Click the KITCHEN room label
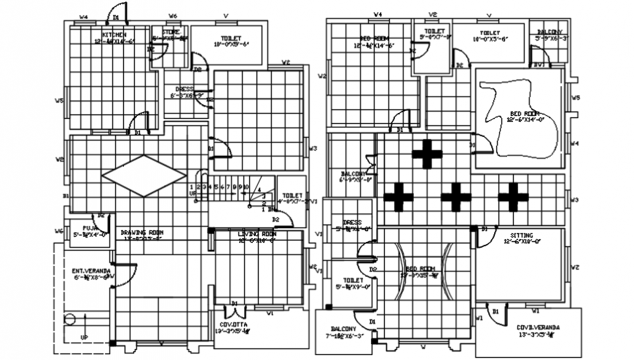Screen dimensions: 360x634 [x=114, y=34]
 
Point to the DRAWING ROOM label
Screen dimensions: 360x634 [x=141, y=232]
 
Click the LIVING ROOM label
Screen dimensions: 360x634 [x=257, y=234]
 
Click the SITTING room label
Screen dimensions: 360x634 [x=521, y=235]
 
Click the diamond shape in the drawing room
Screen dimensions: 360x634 [x=144, y=175]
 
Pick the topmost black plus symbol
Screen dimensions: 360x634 [x=427, y=154]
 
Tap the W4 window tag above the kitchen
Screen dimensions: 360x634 [x=84, y=16]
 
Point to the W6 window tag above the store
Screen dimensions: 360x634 [x=173, y=15]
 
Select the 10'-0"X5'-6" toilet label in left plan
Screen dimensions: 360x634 [x=232, y=40]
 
